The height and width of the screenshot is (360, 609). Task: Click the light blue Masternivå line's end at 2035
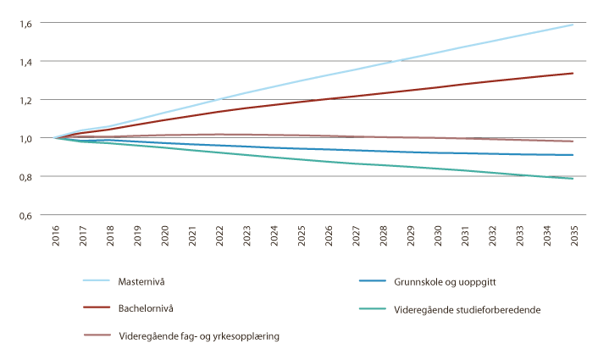pos(573,25)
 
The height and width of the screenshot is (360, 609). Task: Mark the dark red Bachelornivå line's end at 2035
pos(573,74)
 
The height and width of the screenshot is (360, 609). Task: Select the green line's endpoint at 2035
pos(573,179)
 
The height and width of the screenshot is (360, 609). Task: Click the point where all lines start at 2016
pos(56,138)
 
